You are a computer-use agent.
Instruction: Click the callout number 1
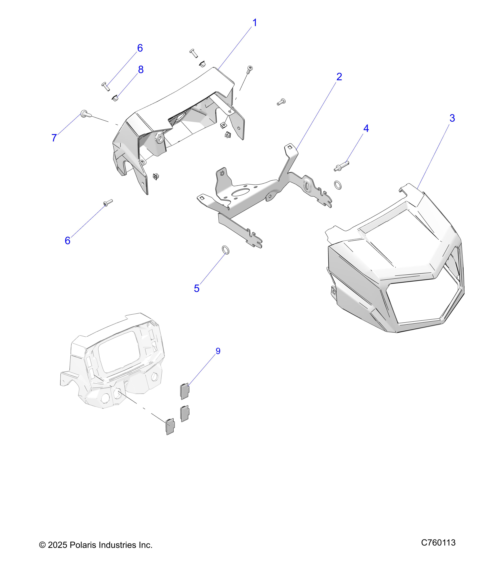255,23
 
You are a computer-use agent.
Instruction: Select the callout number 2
339,77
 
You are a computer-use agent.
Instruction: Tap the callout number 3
452,118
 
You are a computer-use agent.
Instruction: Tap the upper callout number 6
140,48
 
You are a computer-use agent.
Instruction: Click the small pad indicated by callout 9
184,391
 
